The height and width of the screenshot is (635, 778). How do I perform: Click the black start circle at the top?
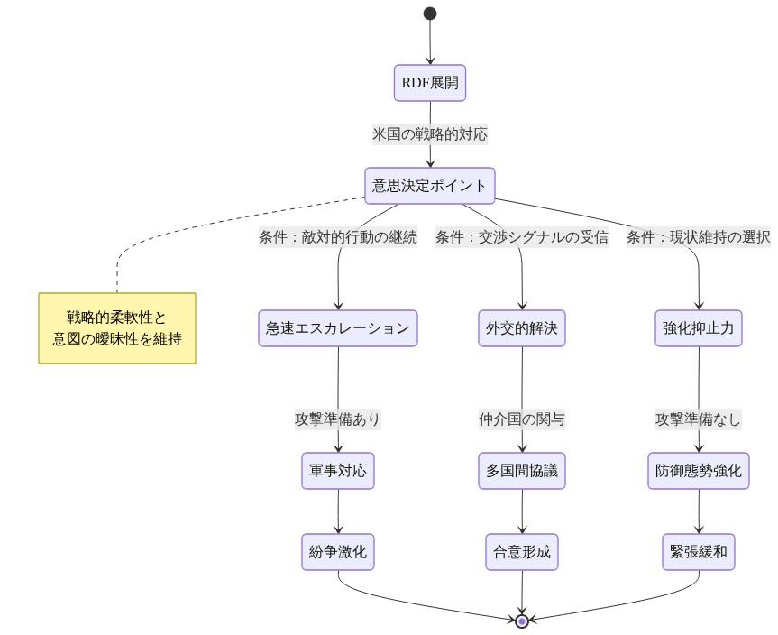point(430,14)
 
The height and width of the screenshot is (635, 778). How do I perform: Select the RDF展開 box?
point(430,84)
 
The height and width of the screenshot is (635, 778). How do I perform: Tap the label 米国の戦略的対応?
point(430,134)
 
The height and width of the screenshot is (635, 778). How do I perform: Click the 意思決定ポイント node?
point(430,186)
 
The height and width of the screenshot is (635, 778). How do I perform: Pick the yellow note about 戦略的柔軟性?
point(117,328)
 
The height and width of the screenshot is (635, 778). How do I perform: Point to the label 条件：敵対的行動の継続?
point(338,237)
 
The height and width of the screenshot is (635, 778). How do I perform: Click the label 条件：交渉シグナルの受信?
point(521,237)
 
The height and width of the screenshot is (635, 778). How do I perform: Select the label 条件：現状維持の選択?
point(699,237)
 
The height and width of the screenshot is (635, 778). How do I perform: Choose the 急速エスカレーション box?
point(338,328)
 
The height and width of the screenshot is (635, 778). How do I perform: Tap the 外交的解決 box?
point(522,328)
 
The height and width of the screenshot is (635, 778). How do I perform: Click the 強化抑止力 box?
point(699,328)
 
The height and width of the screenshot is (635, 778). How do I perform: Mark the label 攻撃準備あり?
point(338,419)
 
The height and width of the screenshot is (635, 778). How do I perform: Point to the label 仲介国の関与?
point(522,419)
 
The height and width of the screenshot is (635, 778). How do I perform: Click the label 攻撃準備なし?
point(699,419)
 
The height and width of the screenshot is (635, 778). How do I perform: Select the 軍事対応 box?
point(338,471)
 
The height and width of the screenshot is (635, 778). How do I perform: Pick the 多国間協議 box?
point(522,471)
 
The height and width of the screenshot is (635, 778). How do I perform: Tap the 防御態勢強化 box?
point(699,471)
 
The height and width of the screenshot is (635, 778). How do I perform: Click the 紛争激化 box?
point(338,552)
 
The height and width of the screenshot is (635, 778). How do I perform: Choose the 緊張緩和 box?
point(699,552)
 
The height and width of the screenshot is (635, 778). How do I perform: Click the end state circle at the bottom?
point(522,621)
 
